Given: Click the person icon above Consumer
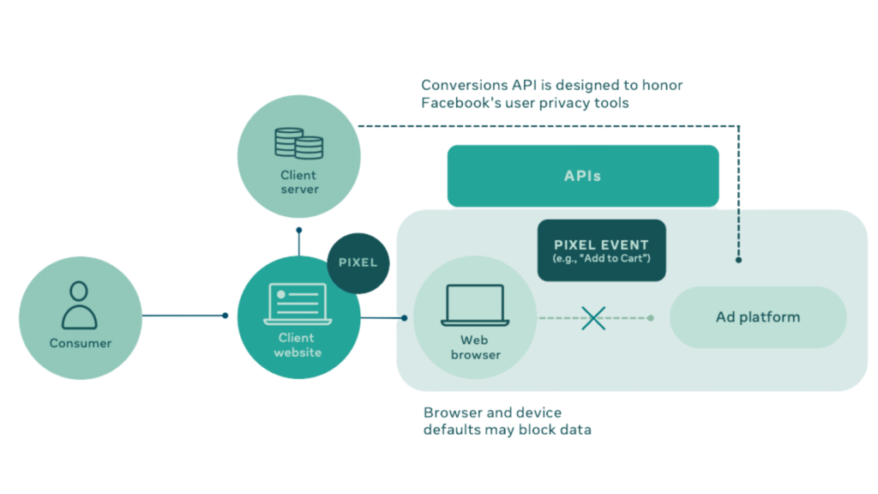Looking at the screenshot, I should point(80,304).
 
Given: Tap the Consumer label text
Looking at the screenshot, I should point(80,343).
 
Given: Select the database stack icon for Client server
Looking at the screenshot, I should point(298,143).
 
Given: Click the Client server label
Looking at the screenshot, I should point(298,182).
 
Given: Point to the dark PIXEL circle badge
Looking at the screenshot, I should point(358,262).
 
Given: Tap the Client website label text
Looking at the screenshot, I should point(298,345).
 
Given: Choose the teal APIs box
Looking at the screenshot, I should point(582,176).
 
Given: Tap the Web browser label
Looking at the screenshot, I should point(475,347).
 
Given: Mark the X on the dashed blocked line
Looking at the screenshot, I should point(593,318).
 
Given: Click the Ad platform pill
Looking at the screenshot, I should point(758,317).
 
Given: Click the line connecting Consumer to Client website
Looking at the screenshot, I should point(183,316).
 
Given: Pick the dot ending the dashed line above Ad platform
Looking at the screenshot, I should point(739,260).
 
